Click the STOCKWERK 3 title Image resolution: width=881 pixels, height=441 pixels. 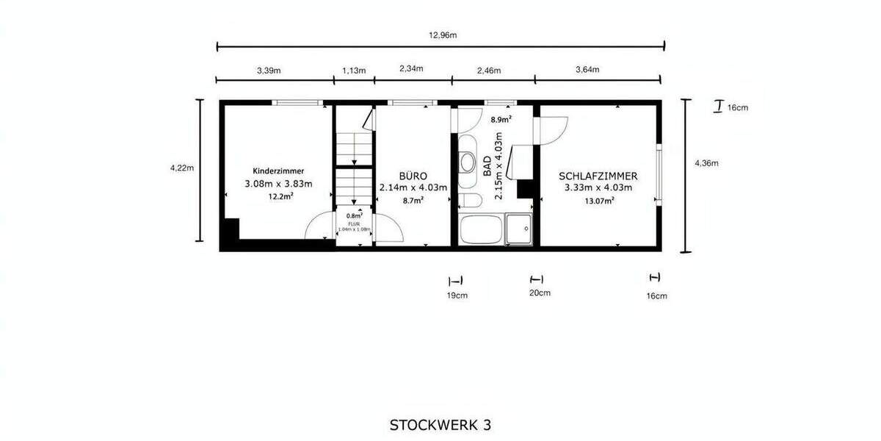pos(440,425)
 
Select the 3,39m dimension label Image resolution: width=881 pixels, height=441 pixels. pos(269,71)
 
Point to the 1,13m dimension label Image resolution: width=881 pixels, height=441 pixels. pos(354,71)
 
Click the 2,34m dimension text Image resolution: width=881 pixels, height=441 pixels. pos(411,68)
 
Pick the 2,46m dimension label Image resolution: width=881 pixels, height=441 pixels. pos(488,71)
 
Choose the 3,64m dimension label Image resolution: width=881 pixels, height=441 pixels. pos(587,70)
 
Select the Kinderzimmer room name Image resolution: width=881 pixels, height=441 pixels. pos(278,171)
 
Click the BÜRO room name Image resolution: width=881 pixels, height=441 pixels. pos(413,176)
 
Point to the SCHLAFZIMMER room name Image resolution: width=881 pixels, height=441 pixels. pos(598,176)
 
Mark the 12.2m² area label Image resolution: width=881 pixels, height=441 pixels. pos(280,196)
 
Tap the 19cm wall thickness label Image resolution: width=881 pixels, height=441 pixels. pos(457,295)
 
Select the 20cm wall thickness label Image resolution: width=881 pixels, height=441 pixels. pos(540,293)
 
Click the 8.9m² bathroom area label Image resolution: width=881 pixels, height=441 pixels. pos(501,118)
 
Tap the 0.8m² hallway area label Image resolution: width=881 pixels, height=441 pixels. pos(354,216)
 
